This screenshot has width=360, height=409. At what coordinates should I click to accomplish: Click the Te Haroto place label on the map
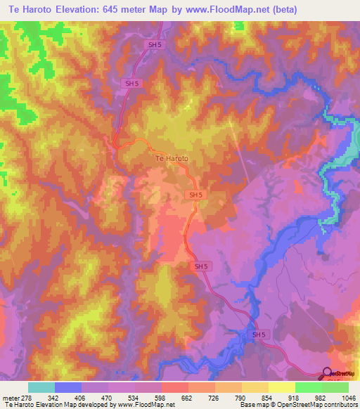171,159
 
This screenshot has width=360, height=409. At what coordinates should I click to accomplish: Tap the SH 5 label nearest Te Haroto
195,195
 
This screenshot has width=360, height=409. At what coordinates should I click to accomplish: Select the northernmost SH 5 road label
155,44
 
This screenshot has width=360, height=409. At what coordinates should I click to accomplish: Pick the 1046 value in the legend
348,396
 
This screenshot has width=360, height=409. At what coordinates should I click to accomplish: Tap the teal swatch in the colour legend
41,387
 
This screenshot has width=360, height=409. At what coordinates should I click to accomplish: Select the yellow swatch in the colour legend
281,387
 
